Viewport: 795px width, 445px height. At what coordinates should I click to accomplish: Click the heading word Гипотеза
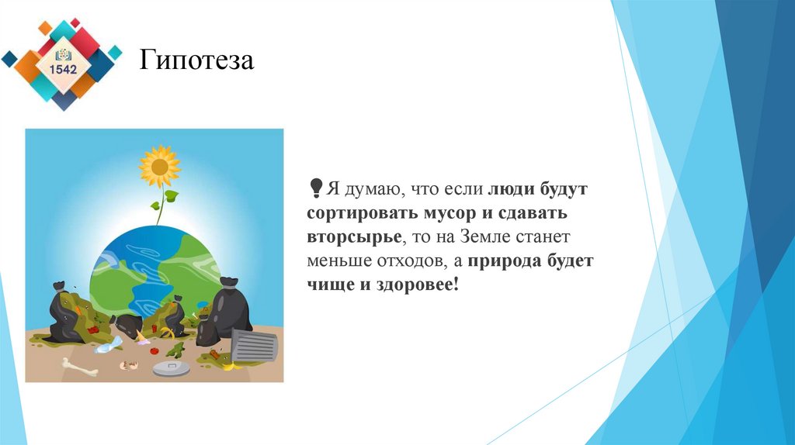point(196,60)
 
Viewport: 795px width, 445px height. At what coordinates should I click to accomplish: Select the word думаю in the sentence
point(370,189)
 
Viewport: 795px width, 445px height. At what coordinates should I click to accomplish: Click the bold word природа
point(506,261)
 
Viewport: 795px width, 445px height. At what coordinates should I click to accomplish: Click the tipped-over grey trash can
point(253,347)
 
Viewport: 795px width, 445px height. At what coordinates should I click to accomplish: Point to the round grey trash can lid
point(171,369)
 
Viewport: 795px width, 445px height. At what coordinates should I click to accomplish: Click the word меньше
point(336,261)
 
